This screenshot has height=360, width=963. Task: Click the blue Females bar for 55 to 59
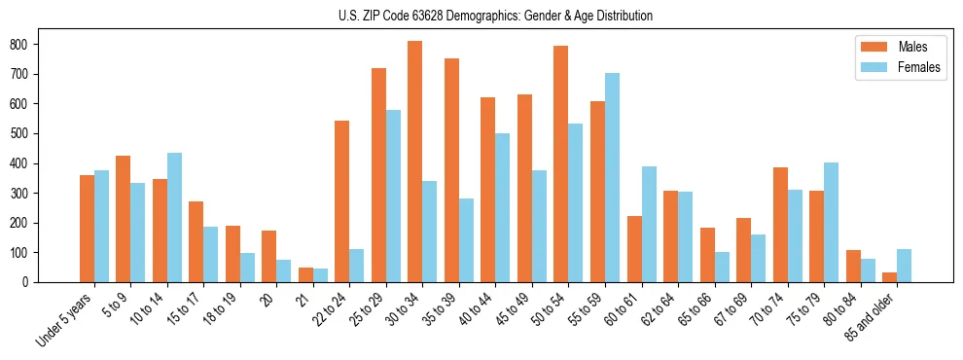coord(612,177)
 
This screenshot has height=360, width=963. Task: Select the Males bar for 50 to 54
coord(560,163)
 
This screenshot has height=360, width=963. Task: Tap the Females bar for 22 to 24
coord(356,266)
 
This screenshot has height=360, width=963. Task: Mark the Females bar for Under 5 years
coord(101,226)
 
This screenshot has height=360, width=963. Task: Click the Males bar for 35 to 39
coord(451,170)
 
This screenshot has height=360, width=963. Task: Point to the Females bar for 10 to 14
coord(174,217)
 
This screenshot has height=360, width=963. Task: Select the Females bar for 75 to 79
coord(831,222)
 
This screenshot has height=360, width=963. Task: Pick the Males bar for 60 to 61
coord(633,249)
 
